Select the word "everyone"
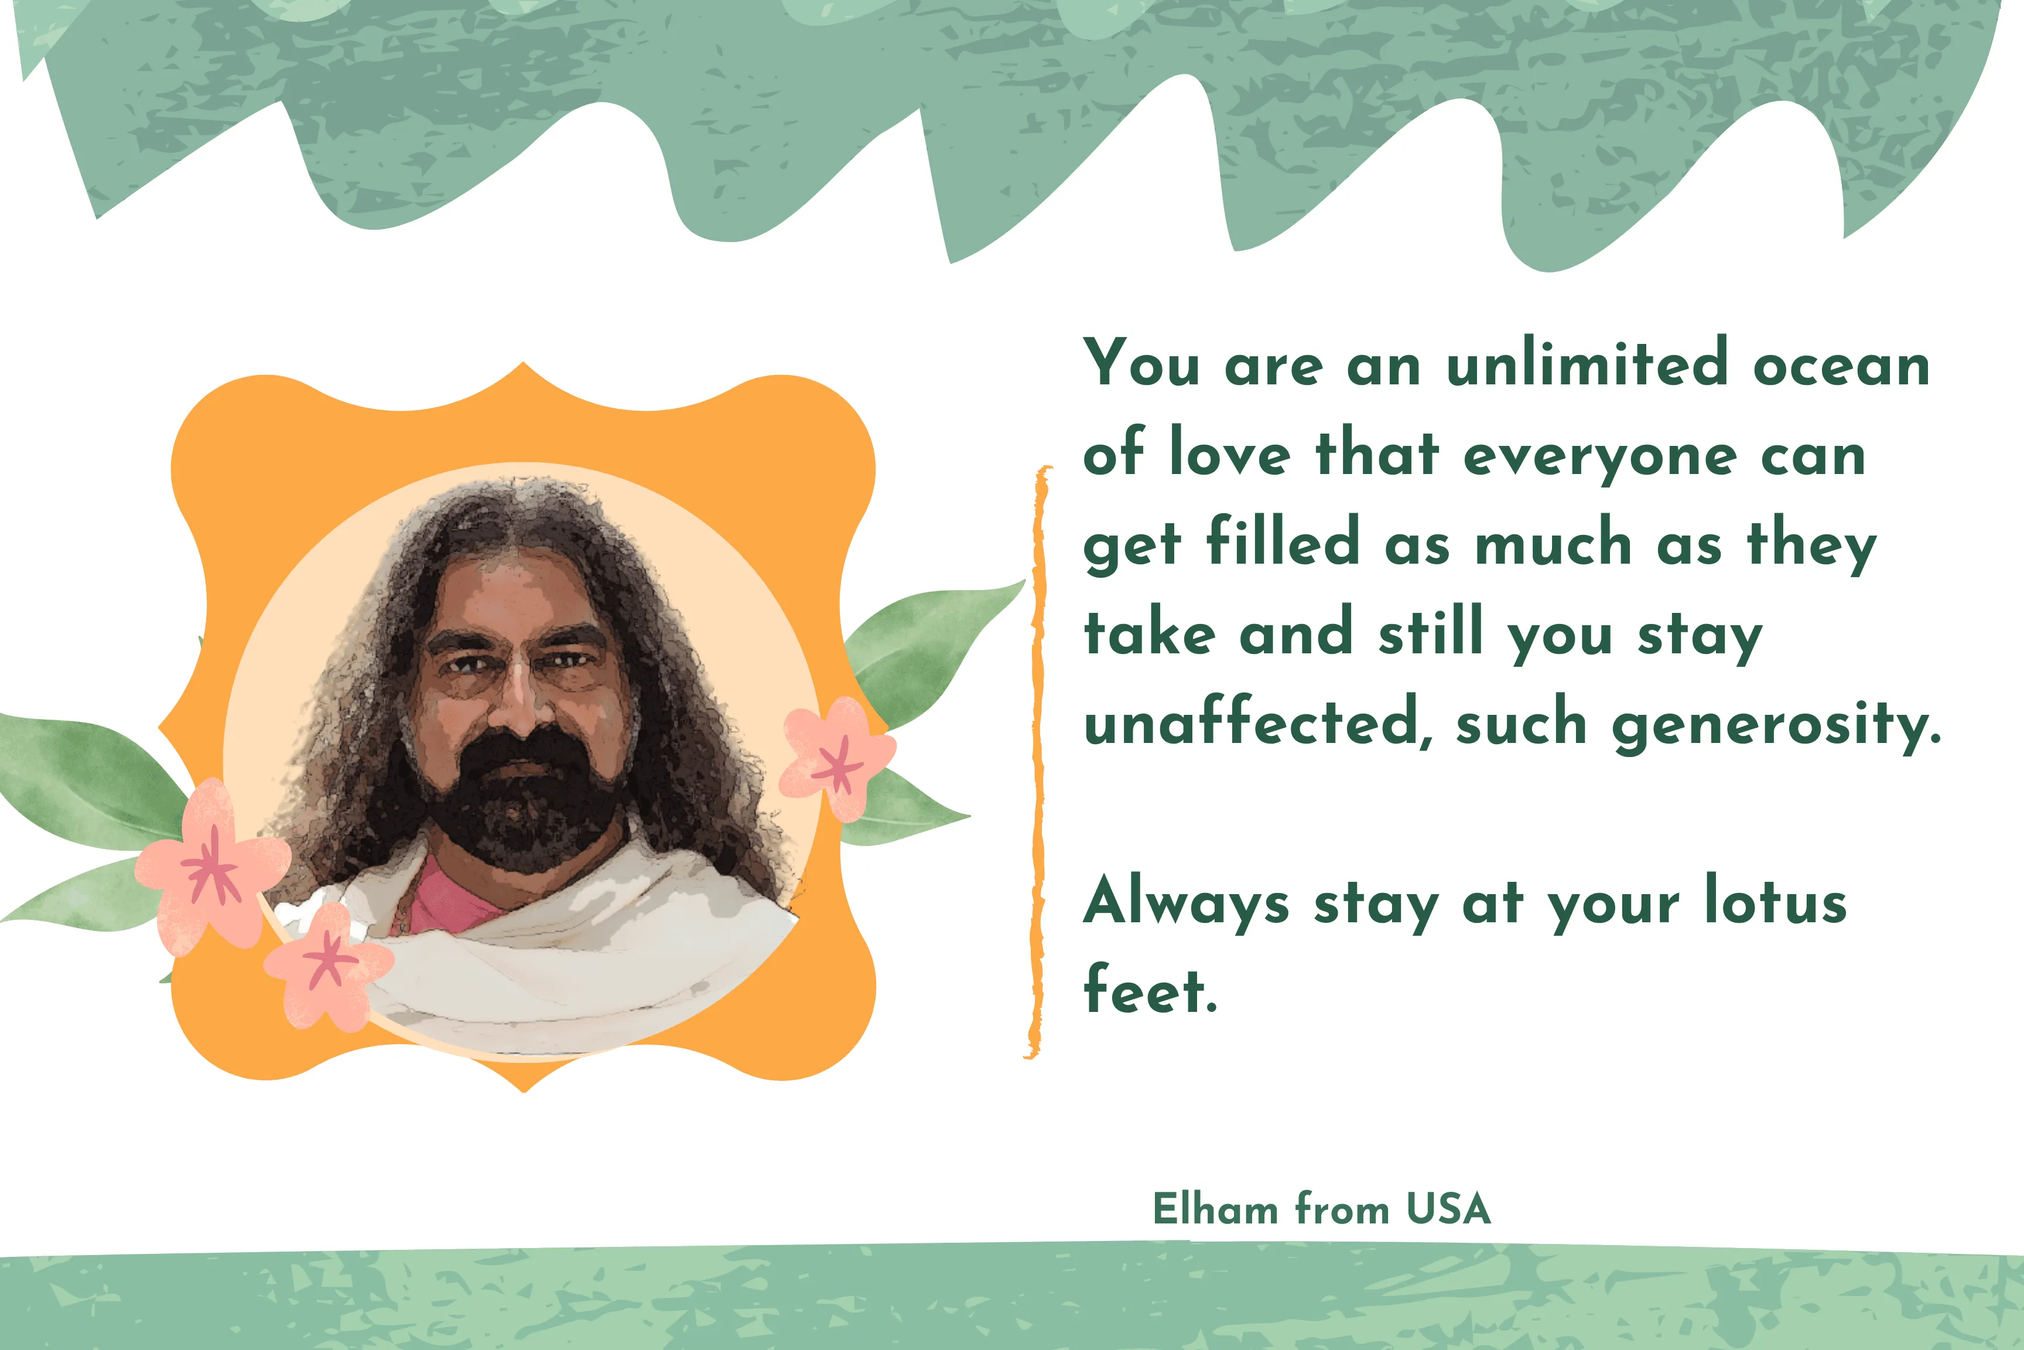(x=1600, y=459)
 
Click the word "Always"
(x=1187, y=905)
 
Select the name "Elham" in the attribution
(x=1215, y=1209)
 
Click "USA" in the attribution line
(x=1448, y=1209)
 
